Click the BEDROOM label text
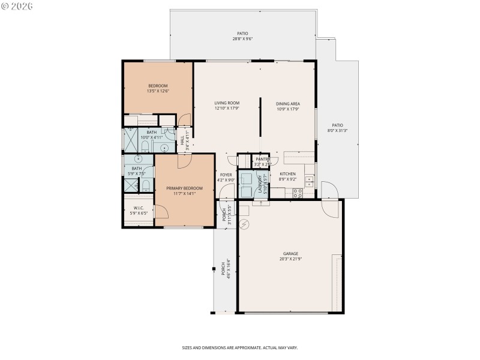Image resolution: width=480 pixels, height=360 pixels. [x=158, y=85]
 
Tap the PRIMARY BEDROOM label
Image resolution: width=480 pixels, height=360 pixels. [x=184, y=188]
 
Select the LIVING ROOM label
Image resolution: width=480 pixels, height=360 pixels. [x=227, y=103]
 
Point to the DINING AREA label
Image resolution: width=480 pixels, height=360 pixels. [x=287, y=103]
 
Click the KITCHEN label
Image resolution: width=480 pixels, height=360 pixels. [x=288, y=173]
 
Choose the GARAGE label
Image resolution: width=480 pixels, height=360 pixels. [x=290, y=253]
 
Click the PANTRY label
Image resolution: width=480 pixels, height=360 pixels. [x=263, y=159]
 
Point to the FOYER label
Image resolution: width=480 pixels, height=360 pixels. [x=226, y=175]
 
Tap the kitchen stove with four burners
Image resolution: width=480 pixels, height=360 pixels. [x=296, y=193]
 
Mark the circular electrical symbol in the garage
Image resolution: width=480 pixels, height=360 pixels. [x=244, y=225]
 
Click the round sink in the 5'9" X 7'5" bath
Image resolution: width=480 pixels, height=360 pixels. [x=138, y=160]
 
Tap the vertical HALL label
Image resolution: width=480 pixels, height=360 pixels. [x=182, y=141]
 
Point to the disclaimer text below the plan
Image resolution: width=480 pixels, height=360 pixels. [x=240, y=347]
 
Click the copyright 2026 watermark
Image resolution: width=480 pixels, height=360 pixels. [x=17, y=6]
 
